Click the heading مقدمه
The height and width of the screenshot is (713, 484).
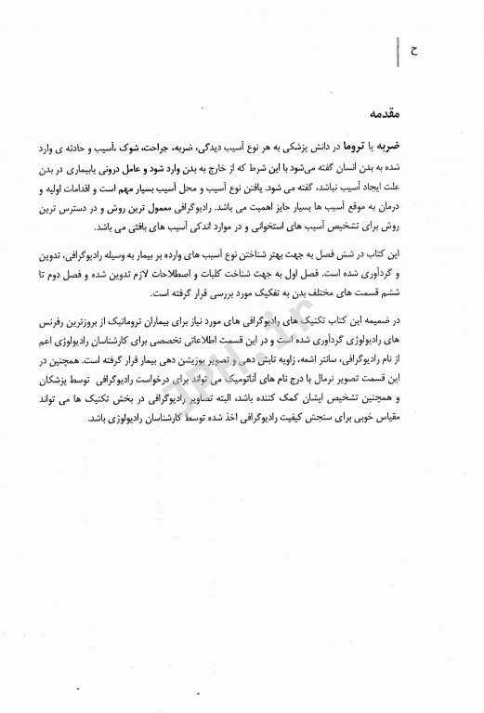pos(422,116)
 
